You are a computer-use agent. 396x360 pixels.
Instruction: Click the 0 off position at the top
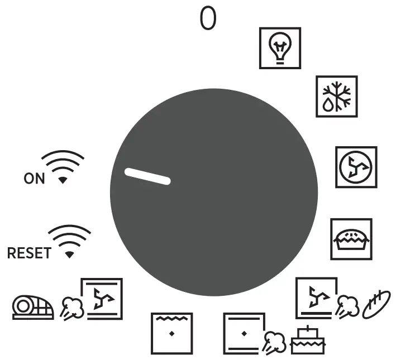pos(208,19)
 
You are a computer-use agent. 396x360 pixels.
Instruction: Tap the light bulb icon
pos(280,48)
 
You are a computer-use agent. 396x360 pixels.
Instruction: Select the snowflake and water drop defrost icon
pos(336,96)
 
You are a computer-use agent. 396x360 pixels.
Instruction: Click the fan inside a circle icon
pos(356,167)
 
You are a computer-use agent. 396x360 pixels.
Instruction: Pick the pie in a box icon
pos(351,239)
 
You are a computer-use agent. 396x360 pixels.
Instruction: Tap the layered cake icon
pos(307,340)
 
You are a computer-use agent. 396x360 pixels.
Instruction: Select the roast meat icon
pos(33,307)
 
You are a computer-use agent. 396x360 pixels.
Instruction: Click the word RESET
pos(28,253)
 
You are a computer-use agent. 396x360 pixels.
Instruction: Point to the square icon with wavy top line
pos(172,333)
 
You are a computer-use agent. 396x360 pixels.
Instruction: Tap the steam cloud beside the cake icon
pos(274,342)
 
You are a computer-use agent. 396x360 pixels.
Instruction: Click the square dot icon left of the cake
pos(244,333)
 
